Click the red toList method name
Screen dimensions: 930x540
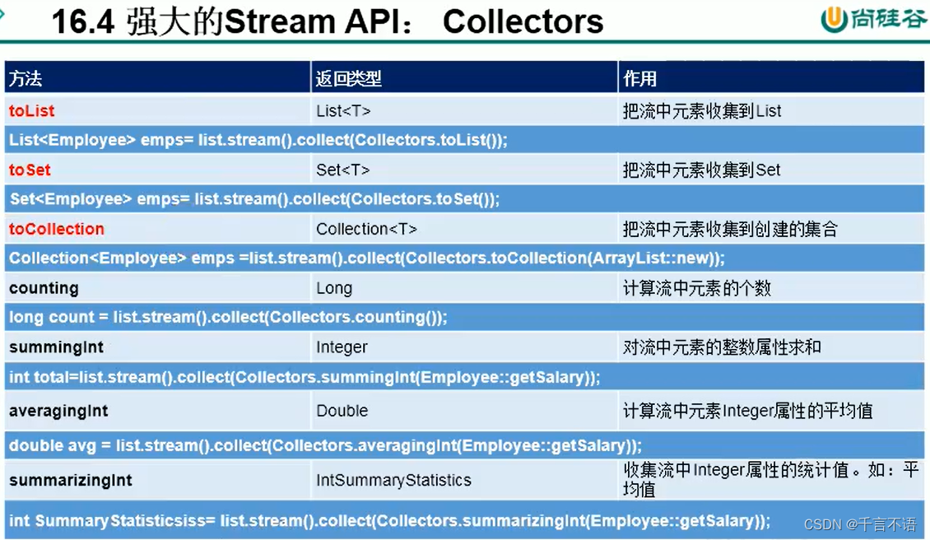click(x=32, y=111)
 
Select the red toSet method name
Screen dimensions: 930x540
click(x=30, y=170)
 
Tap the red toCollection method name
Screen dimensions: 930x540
click(x=57, y=230)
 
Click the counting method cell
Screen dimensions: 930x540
click(x=44, y=288)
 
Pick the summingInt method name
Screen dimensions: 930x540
click(x=57, y=347)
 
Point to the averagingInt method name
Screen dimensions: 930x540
click(x=58, y=411)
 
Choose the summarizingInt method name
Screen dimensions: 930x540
click(x=71, y=480)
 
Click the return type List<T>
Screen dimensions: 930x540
click(x=343, y=111)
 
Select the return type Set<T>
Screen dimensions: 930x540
click(x=342, y=170)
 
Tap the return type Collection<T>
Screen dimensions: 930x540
click(x=366, y=230)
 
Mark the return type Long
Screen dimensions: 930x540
click(x=334, y=289)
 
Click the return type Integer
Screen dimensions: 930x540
click(x=342, y=347)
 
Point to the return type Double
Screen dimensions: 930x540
click(x=342, y=411)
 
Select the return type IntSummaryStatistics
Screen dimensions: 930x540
click(x=393, y=480)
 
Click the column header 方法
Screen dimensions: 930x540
click(x=26, y=79)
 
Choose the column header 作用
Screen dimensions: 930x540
click(x=639, y=79)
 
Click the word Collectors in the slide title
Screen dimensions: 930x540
click(x=523, y=22)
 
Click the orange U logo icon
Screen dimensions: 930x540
click(x=833, y=20)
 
